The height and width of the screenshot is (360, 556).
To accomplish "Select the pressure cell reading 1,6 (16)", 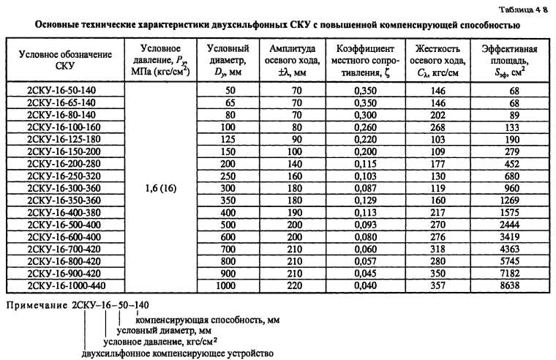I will pos(156,187).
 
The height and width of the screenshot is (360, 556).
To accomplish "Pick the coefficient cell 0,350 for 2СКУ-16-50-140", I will pos(363,89).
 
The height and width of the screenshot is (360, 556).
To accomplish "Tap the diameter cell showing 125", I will pos(222,138).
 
